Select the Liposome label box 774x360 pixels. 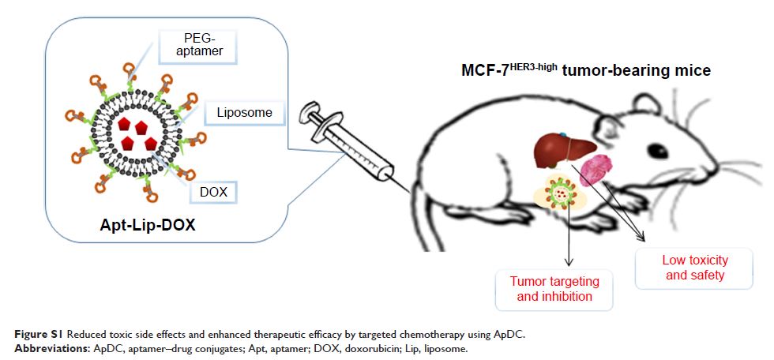(244, 113)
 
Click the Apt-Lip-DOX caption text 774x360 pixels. (148, 225)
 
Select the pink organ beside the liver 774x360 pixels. (597, 171)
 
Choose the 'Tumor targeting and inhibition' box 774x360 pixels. (554, 289)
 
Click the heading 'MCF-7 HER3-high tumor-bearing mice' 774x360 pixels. (585, 71)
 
